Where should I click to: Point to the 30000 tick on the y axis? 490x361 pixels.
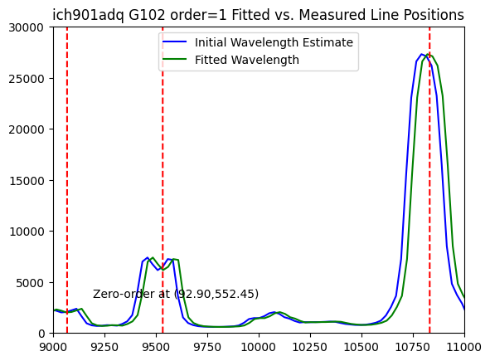pyautogui.click(x=26, y=27)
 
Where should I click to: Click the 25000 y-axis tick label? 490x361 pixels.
pyautogui.click(x=26, y=79)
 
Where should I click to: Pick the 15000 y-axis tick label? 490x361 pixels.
pyautogui.click(x=26, y=181)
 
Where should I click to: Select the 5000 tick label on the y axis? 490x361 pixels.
pyautogui.click(x=30, y=282)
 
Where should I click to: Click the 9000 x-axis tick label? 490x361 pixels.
pyautogui.click(x=53, y=347)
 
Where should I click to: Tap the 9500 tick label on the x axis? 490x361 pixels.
pyautogui.click(x=156, y=347)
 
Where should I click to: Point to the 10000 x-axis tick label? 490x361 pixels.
pyautogui.click(x=259, y=347)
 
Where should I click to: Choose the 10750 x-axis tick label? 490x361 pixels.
pyautogui.click(x=413, y=347)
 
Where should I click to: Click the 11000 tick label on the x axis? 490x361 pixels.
pyautogui.click(x=464, y=347)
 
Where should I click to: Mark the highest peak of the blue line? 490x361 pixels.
pyautogui.click(x=421, y=54)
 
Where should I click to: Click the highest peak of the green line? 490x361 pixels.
pyautogui.click(x=428, y=54)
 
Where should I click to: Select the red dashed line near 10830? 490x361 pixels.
pyautogui.click(x=429, y=180)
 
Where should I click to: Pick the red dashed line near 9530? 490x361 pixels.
pyautogui.click(x=163, y=180)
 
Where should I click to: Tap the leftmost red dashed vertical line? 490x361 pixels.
pyautogui.click(x=67, y=180)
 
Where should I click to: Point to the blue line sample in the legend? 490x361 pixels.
pyautogui.click(x=174, y=42)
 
